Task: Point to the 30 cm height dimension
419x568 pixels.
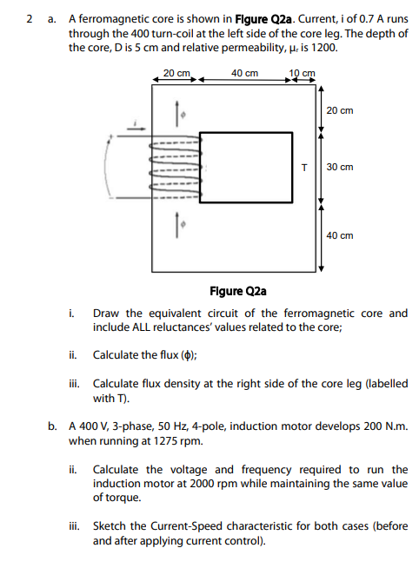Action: (x=340, y=167)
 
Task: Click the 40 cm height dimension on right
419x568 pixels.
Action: (x=340, y=235)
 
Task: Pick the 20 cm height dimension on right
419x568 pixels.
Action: (x=340, y=111)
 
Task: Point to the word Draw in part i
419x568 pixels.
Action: (x=105, y=314)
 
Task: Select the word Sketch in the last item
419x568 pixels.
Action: (x=112, y=526)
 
